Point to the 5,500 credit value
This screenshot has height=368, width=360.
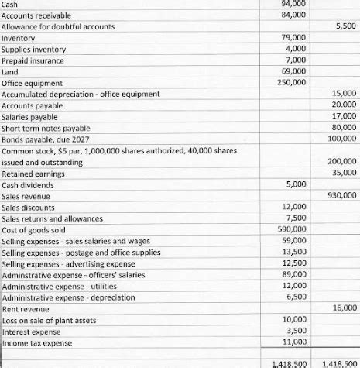pyautogui.click(x=343, y=26)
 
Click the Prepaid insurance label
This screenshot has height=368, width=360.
pyautogui.click(x=34, y=60)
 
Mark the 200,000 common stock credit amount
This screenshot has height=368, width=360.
pyautogui.click(x=340, y=161)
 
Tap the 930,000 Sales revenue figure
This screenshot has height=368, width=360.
pyautogui.click(x=340, y=196)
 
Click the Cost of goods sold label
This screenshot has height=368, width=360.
pyautogui.click(x=39, y=230)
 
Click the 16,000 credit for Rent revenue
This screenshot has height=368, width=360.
pyautogui.click(x=341, y=308)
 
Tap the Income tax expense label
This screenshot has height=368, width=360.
pyautogui.click(x=37, y=342)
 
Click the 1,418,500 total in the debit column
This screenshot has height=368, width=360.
pyautogui.click(x=290, y=363)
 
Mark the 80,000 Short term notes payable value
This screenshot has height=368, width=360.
pyautogui.click(x=341, y=128)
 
